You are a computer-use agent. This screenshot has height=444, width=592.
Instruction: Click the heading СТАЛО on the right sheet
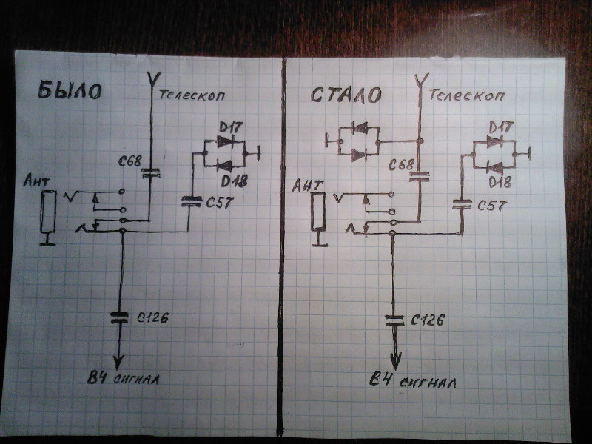(346, 95)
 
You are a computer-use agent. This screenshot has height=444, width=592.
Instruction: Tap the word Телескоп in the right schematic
(460, 95)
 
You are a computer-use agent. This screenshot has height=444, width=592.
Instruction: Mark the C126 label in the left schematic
(152, 319)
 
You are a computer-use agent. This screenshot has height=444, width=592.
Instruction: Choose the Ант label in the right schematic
(306, 185)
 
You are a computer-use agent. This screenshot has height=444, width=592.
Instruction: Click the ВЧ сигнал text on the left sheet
(123, 380)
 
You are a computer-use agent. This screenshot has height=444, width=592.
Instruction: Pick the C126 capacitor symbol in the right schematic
(394, 320)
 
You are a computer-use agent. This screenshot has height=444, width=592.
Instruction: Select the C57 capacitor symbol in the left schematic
(192, 200)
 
